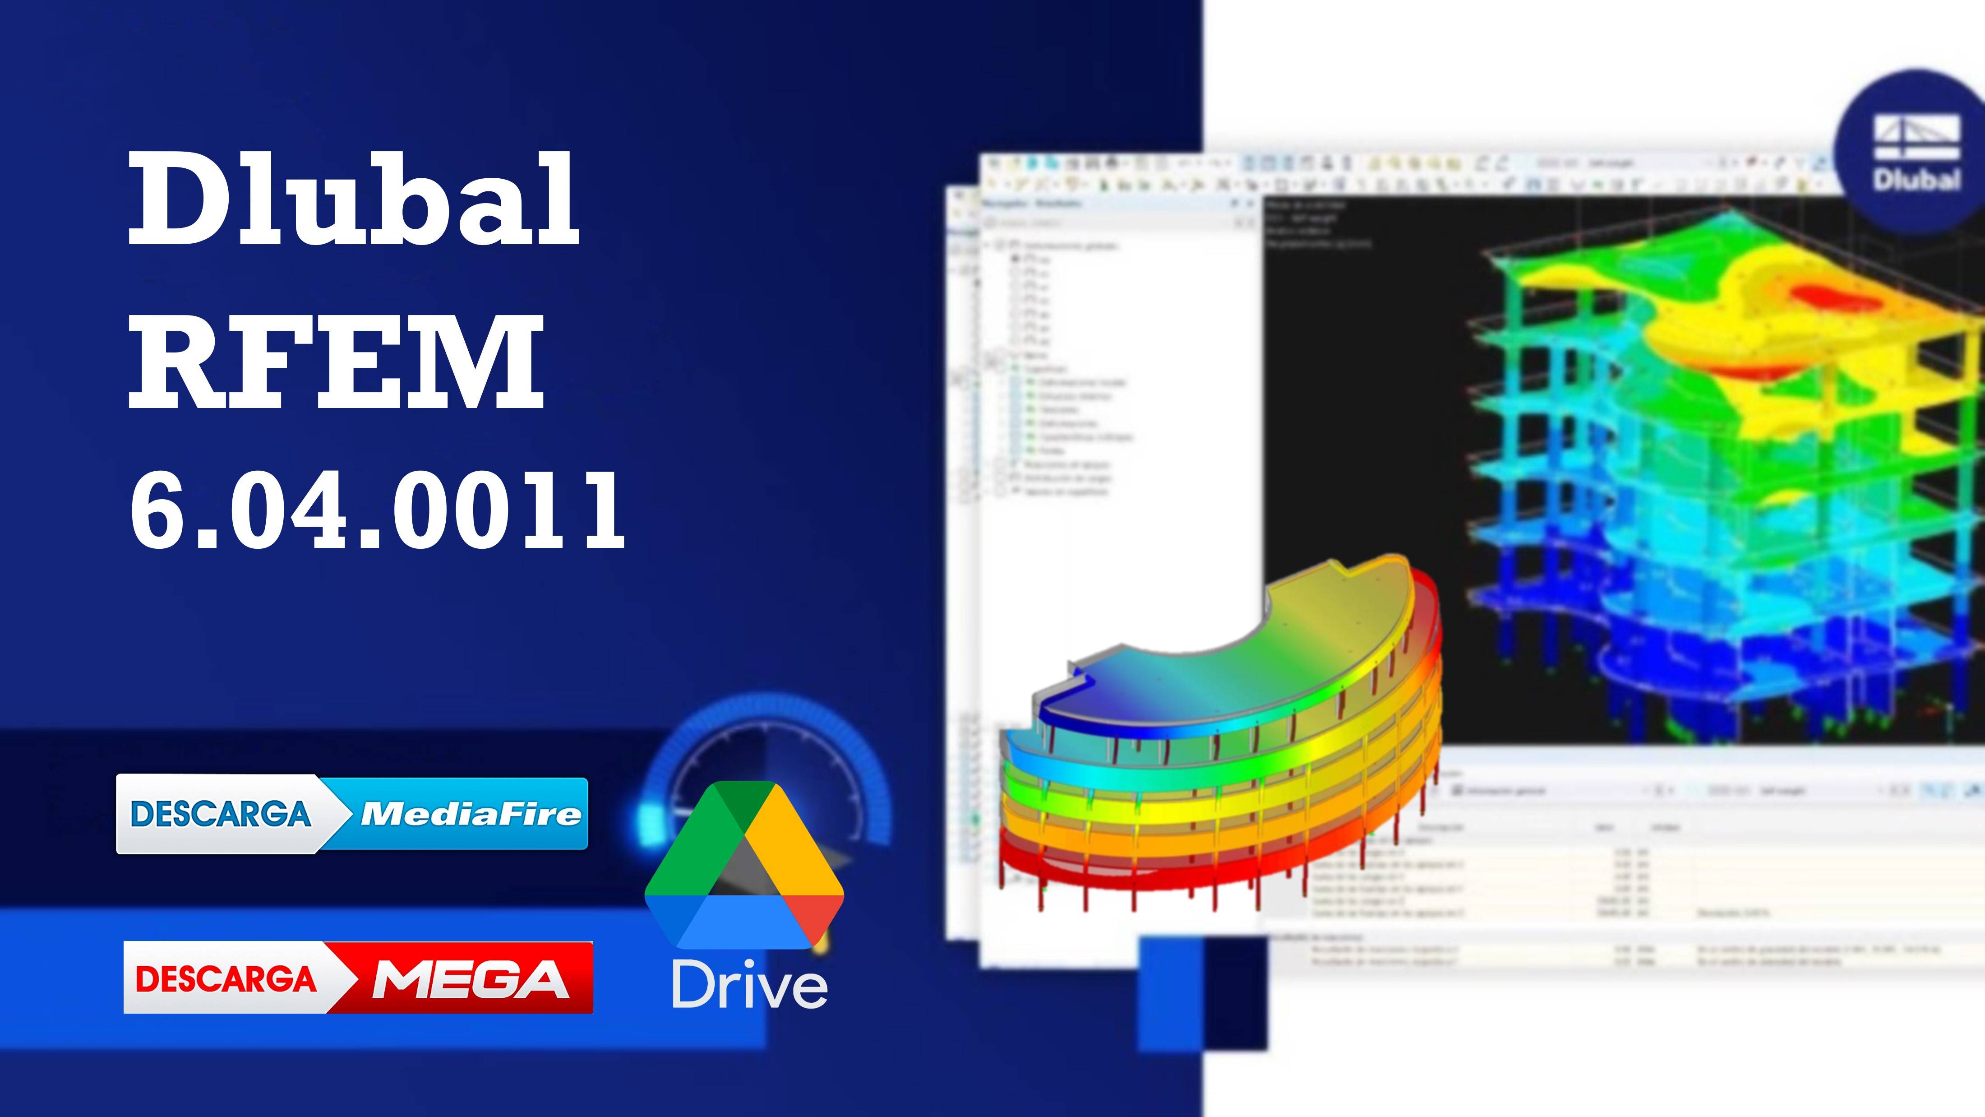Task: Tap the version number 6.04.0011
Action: point(378,510)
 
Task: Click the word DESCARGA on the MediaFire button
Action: point(221,814)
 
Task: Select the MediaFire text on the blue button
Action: point(470,814)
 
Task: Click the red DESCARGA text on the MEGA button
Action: point(226,978)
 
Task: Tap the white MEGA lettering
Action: point(470,979)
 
